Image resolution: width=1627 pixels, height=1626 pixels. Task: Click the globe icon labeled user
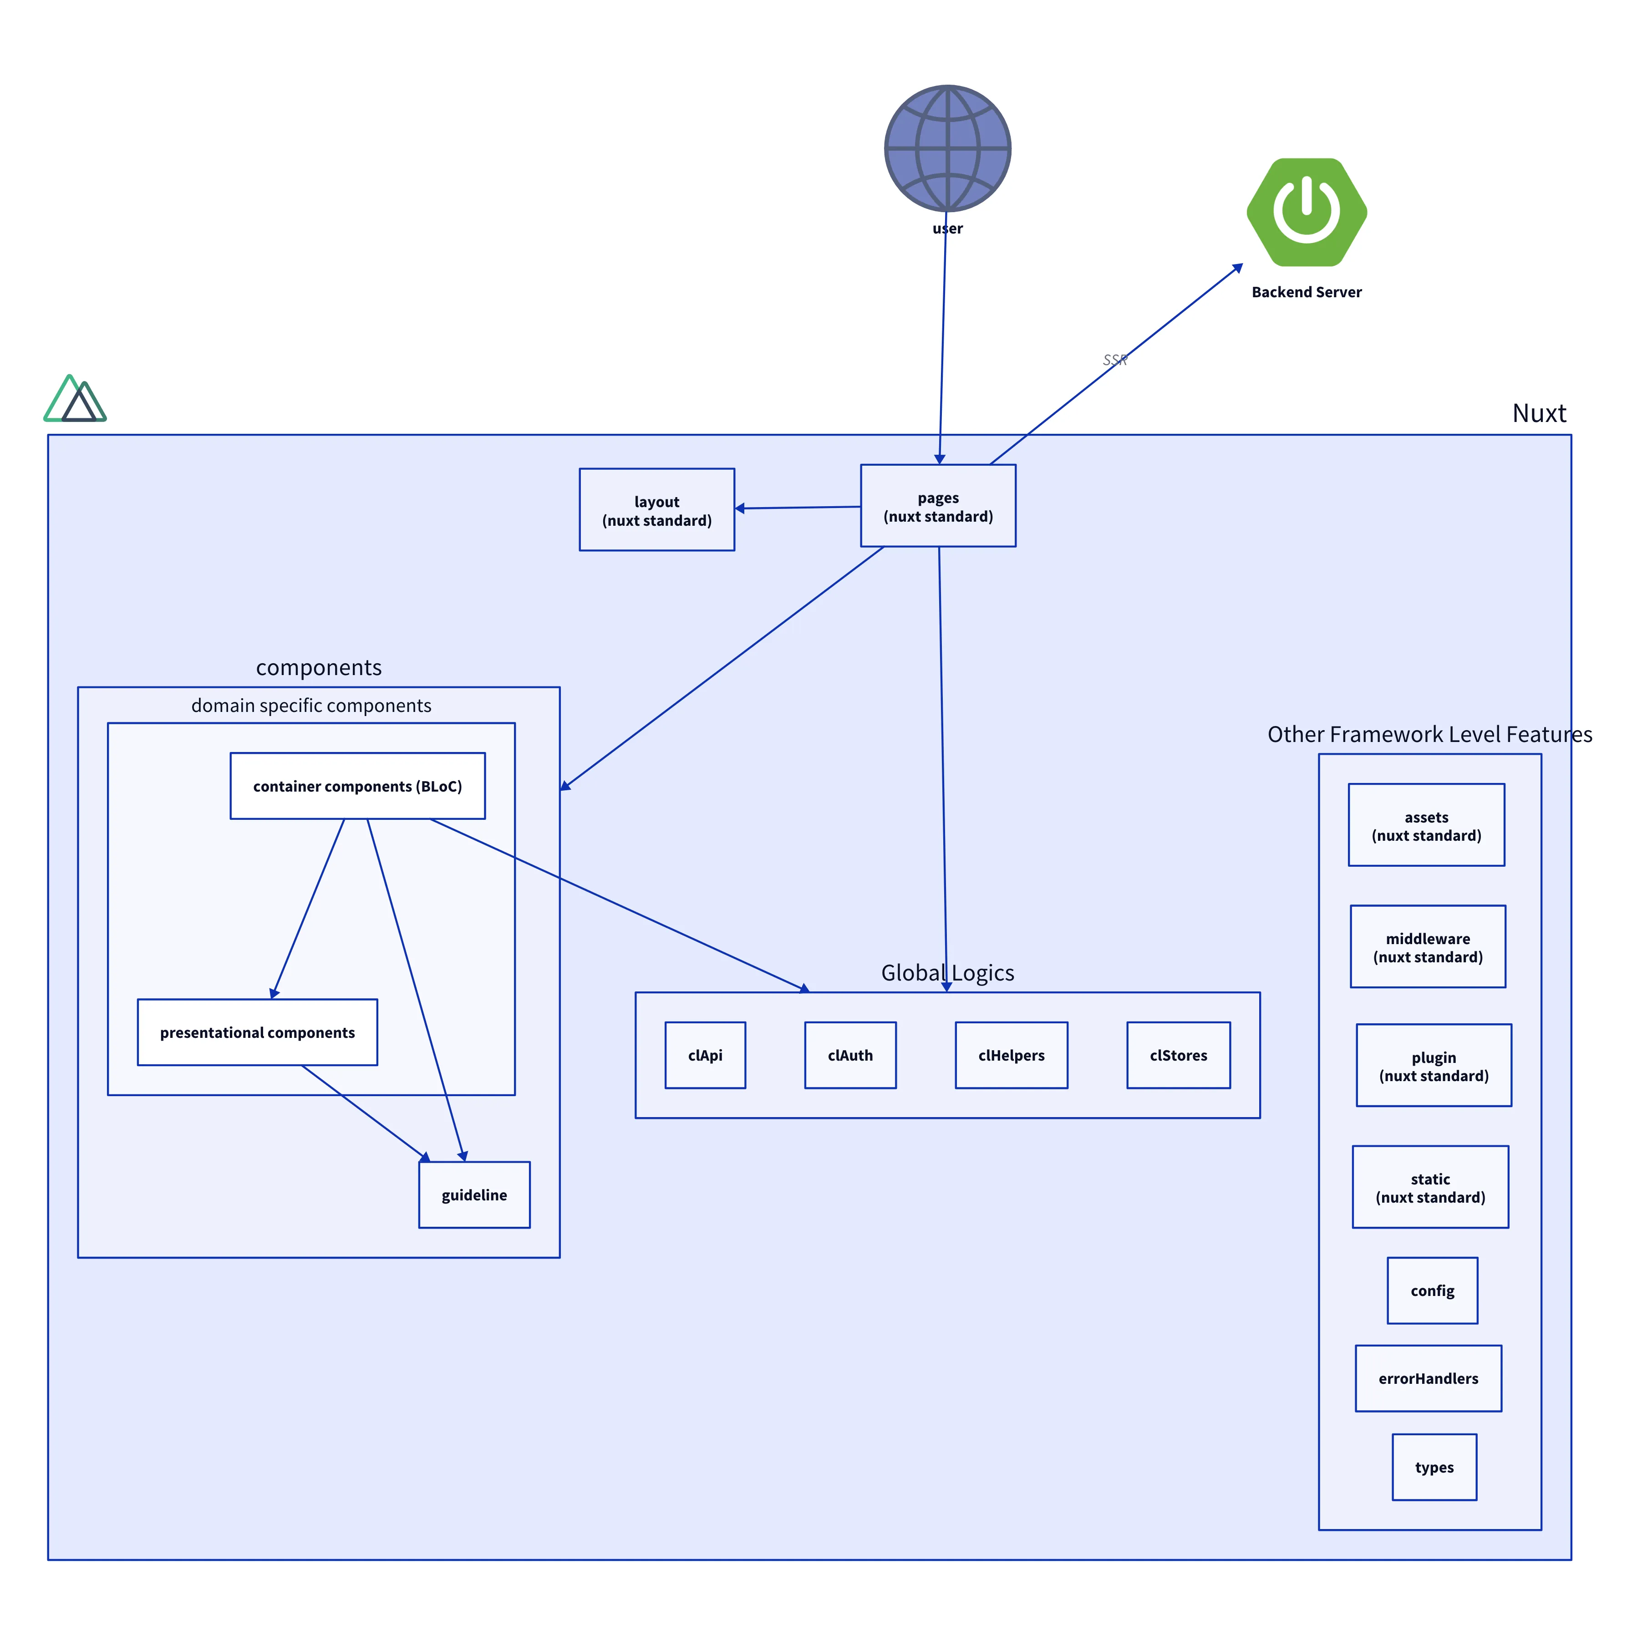coord(947,148)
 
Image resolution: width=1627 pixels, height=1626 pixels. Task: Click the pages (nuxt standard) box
coord(937,506)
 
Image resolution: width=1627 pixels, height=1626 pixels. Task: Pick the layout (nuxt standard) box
coord(656,509)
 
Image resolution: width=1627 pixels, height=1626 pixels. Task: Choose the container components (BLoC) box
coord(357,786)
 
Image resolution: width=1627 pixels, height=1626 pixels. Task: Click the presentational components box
coord(257,1032)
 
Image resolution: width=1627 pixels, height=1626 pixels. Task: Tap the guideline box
coord(474,1195)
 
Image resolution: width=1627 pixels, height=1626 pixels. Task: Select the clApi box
coord(705,1055)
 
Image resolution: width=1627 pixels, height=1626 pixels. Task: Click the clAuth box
coord(850,1055)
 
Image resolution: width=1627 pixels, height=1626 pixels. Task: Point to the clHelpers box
coord(1011,1055)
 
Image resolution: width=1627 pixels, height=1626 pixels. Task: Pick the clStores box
coord(1178,1055)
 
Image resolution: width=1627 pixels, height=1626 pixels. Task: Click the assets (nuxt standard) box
coord(1426,825)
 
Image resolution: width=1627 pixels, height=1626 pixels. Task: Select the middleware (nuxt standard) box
coord(1428,946)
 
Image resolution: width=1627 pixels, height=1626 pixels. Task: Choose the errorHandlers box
coord(1428,1378)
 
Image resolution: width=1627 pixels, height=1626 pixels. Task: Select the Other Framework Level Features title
coord(1429,734)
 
